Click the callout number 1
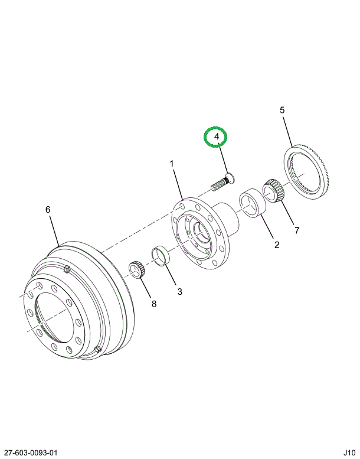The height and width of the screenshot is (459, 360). pyautogui.click(x=172, y=163)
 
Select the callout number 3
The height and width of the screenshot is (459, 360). pyautogui.click(x=180, y=291)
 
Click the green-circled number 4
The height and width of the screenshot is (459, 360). pyautogui.click(x=216, y=138)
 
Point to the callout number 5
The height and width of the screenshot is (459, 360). pyautogui.click(x=282, y=110)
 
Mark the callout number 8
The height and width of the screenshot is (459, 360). pyautogui.click(x=154, y=304)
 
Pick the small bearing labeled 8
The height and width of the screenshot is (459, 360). pyautogui.click(x=137, y=271)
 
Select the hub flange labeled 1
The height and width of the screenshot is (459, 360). pyautogui.click(x=198, y=233)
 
